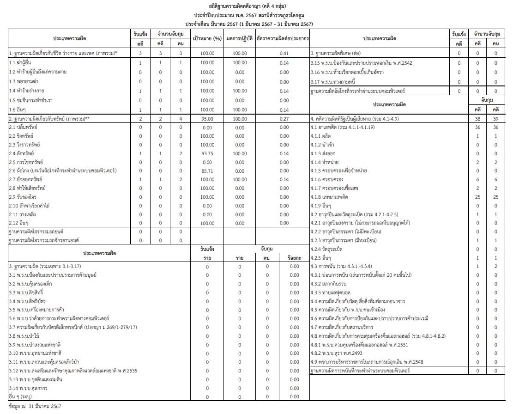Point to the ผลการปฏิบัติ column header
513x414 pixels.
239,39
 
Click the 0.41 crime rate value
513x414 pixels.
284,54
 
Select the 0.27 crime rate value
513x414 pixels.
284,119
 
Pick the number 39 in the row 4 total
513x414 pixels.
496,119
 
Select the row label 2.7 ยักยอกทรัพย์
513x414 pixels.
25,179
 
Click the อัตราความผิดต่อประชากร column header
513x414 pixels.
284,39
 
